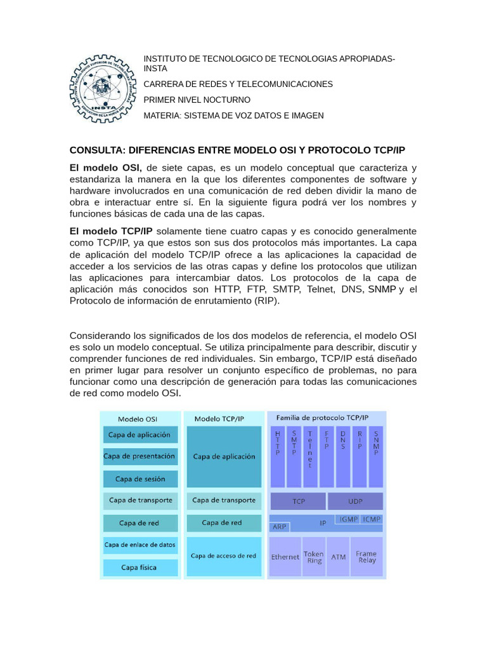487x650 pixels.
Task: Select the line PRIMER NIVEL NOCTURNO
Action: [x=197, y=100]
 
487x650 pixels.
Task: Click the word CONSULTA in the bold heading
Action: [x=96, y=150]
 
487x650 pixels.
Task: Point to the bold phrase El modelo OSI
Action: [x=105, y=168]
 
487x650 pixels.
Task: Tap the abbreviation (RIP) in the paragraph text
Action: [x=264, y=301]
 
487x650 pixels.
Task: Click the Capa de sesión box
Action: [x=140, y=479]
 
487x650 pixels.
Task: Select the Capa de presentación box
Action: [x=140, y=456]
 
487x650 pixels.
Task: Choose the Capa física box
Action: [x=139, y=567]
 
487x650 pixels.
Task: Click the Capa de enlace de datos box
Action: [x=140, y=545]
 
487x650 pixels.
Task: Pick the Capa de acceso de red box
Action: [x=223, y=555]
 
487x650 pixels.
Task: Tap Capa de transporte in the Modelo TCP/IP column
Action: [x=223, y=500]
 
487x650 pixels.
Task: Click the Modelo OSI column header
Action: [x=138, y=419]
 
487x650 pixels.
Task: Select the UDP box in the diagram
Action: [x=355, y=501]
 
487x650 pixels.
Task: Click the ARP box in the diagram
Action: [x=279, y=527]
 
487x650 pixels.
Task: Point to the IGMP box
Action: [x=348, y=519]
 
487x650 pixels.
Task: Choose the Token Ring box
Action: [x=314, y=557]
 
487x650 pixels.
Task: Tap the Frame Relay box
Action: [x=367, y=557]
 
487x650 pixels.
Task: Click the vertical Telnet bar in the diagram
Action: [x=310, y=454]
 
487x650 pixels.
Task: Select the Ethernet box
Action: [x=285, y=557]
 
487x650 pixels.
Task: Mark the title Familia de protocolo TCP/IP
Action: [x=321, y=418]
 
